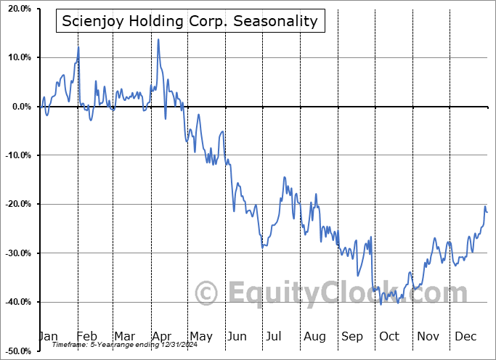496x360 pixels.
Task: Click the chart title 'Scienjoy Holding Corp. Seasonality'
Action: click(190, 20)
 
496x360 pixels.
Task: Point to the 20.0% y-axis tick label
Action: click(17, 9)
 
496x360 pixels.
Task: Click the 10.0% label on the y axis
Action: click(17, 57)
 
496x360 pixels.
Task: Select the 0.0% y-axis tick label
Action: click(18, 107)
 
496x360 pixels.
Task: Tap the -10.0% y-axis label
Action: click(15, 155)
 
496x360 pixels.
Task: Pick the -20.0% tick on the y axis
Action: click(15, 204)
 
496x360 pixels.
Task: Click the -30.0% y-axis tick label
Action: click(15, 253)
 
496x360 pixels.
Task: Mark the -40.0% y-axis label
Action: click(15, 302)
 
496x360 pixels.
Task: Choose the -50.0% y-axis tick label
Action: click(15, 351)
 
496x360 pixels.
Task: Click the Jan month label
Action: click(49, 336)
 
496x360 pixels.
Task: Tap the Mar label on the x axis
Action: click(124, 336)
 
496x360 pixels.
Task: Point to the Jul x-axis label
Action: click(275, 336)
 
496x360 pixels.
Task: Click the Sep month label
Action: click(351, 336)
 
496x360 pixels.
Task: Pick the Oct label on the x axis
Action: click(389, 336)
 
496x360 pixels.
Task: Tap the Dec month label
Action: click(465, 336)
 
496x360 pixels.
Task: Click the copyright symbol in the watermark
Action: click(208, 293)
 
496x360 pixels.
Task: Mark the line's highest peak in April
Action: click(158, 39)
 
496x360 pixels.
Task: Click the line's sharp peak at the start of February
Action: click(78, 47)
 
